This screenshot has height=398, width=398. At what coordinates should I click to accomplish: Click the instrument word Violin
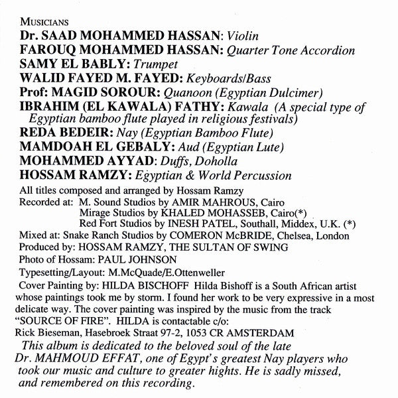[x=243, y=38]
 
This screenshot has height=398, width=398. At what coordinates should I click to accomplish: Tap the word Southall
[x=255, y=224]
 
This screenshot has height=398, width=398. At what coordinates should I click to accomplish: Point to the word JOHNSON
[x=157, y=259]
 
